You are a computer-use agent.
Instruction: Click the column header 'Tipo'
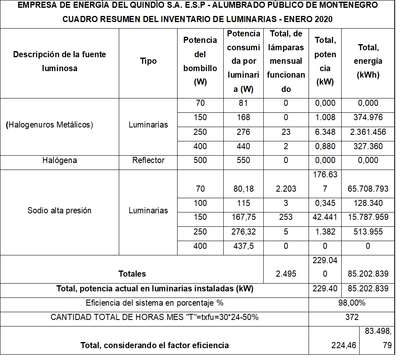pos(148,61)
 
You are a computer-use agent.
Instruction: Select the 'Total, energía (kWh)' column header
pos(368,61)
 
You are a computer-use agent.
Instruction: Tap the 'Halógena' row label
pos(60,160)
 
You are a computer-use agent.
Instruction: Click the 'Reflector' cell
pos(148,160)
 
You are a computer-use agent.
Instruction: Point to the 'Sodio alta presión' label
pos(60,210)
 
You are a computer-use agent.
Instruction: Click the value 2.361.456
pos(368,132)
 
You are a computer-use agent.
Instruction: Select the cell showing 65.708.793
pos(368,189)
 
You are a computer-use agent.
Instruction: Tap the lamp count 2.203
pos(286,189)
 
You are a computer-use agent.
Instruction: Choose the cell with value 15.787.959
pos(368,217)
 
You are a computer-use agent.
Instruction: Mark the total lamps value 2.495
pos(286,273)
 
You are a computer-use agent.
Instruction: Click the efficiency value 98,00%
pos(351,303)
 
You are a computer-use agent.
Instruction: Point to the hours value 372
pos(351,318)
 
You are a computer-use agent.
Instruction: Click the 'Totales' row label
pos(132,273)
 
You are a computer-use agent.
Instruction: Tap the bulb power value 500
pos(200,160)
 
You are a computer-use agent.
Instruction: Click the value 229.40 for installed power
pos(325,289)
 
